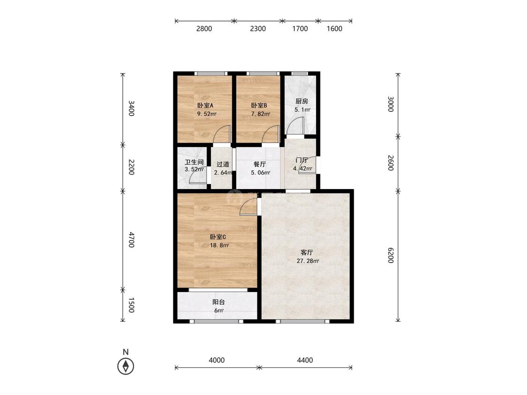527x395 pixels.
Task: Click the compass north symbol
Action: pyautogui.click(x=126, y=366)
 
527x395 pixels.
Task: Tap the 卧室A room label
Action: pyautogui.click(x=205, y=105)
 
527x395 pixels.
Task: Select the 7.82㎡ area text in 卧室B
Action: pyautogui.click(x=260, y=114)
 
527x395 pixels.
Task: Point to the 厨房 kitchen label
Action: pyautogui.click(x=302, y=101)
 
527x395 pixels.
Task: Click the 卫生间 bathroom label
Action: pyautogui.click(x=194, y=162)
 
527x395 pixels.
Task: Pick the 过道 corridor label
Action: pyautogui.click(x=223, y=164)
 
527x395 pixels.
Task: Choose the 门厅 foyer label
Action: pyautogui.click(x=302, y=160)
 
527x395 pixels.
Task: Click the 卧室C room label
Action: pyautogui.click(x=218, y=237)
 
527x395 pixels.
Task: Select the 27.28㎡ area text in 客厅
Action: pyautogui.click(x=308, y=261)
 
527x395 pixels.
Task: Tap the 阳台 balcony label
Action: pyautogui.click(x=219, y=302)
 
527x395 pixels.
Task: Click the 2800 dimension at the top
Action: pyautogui.click(x=204, y=29)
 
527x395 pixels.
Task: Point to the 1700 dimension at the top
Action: pyautogui.click(x=300, y=29)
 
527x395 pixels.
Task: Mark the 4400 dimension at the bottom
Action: pyautogui.click(x=305, y=360)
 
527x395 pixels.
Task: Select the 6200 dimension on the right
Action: pyautogui.click(x=390, y=255)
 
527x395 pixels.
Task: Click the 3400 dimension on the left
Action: pyautogui.click(x=132, y=108)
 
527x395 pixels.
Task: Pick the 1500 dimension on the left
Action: pyautogui.click(x=132, y=305)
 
